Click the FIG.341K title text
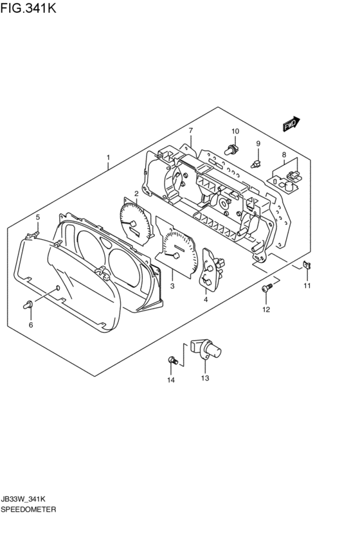click(28, 8)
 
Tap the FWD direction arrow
click(291, 123)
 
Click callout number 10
click(235, 132)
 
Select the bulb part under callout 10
click(231, 150)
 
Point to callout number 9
click(258, 143)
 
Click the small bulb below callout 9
click(256, 163)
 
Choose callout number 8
click(284, 154)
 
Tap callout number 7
click(191, 131)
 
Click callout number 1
click(108, 157)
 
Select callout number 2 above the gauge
click(136, 193)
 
